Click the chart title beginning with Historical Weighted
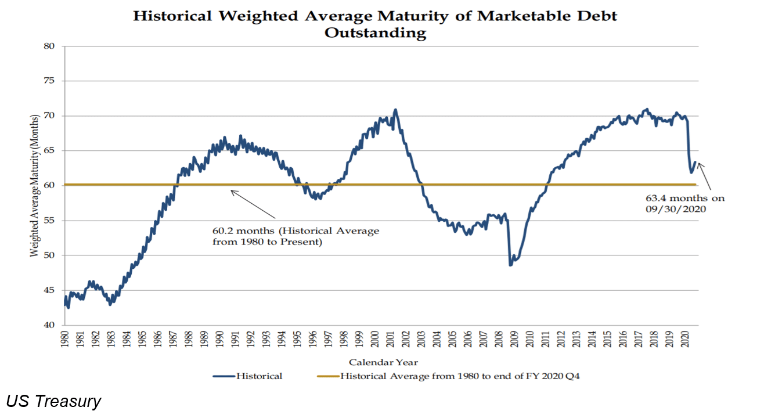click(x=374, y=24)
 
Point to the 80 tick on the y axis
click(x=50, y=46)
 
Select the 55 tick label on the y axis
click(x=50, y=221)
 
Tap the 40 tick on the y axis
click(x=50, y=325)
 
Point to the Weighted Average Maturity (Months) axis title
click(x=34, y=186)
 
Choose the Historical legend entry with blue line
click(x=247, y=376)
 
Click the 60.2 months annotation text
click(x=295, y=236)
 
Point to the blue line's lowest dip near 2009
click(x=510, y=265)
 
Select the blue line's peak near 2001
click(x=395, y=110)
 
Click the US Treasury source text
click(x=53, y=401)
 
